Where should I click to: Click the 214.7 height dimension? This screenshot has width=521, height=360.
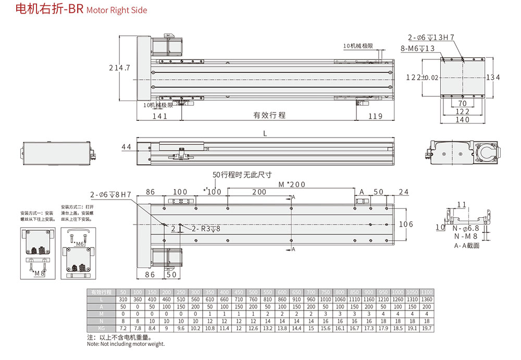pyautogui.click(x=119, y=68)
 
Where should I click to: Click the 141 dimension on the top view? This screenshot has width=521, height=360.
pyautogui.click(x=160, y=116)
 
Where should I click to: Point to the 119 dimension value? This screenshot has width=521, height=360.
pyautogui.click(x=375, y=116)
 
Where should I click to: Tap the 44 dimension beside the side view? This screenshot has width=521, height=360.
pyautogui.click(x=126, y=147)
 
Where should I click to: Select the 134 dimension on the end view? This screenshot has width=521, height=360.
pyautogui.click(x=493, y=78)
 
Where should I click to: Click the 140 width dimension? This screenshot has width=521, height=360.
pyautogui.click(x=463, y=120)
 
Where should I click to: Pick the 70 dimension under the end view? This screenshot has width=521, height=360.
pyautogui.click(x=463, y=104)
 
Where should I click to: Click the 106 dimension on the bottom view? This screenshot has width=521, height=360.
pyautogui.click(x=405, y=225)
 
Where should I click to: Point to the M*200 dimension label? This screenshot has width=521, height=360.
pyautogui.click(x=292, y=184)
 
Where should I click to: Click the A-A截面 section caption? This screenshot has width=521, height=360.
pyautogui.click(x=466, y=245)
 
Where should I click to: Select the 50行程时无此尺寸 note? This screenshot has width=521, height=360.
pyautogui.click(x=242, y=175)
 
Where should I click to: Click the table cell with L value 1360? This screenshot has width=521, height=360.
pyautogui.click(x=427, y=299)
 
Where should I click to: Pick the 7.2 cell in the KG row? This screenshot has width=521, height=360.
pyautogui.click(x=123, y=329)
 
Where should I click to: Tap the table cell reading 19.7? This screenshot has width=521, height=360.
pyautogui.click(x=427, y=329)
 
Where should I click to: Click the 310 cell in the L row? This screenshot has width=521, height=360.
pyautogui.click(x=123, y=299)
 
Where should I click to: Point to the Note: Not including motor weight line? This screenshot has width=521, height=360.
pyautogui.click(x=126, y=344)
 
